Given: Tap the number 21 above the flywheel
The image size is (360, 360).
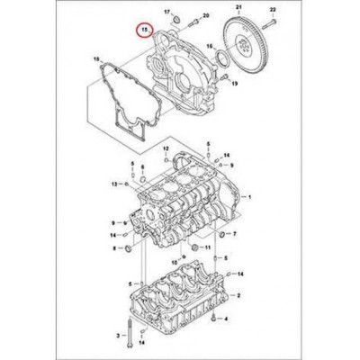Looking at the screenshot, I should tap(238, 7).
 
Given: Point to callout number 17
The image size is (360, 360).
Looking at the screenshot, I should tap(167, 9).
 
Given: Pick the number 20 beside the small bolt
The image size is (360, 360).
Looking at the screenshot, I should tap(205, 17).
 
